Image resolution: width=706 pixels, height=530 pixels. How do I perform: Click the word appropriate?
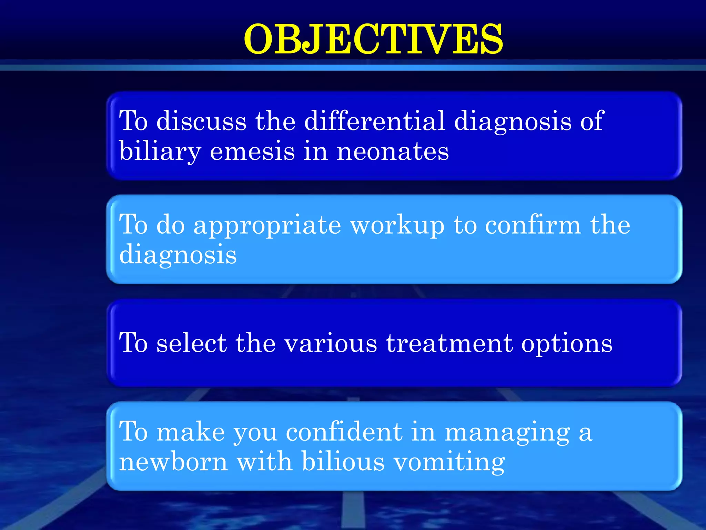pos(267,225)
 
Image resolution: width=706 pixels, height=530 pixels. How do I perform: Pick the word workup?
pos(397,225)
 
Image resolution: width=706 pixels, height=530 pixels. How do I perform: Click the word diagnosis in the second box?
pos(178,255)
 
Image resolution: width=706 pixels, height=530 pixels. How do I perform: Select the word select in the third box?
pos(192,343)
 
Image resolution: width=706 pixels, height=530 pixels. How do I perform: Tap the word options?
pos(566,344)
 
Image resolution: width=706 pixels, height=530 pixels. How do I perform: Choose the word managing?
pos(507,432)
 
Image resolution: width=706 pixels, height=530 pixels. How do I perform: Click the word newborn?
pos(173,462)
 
